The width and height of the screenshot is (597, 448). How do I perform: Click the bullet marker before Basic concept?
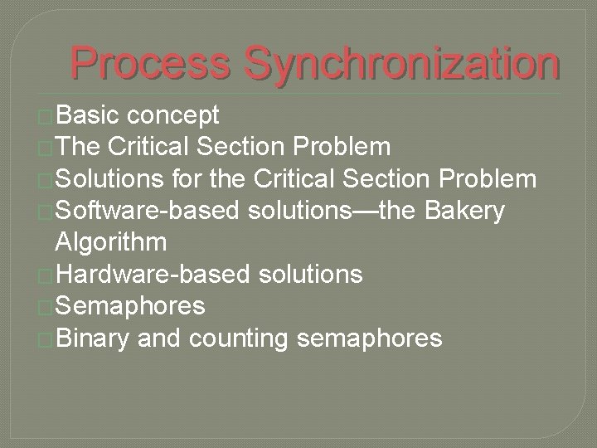click(46, 116)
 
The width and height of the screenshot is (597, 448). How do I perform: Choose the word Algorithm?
click(110, 242)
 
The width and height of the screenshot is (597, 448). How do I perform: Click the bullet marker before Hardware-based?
click(46, 275)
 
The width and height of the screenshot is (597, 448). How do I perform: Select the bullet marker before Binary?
click(46, 338)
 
